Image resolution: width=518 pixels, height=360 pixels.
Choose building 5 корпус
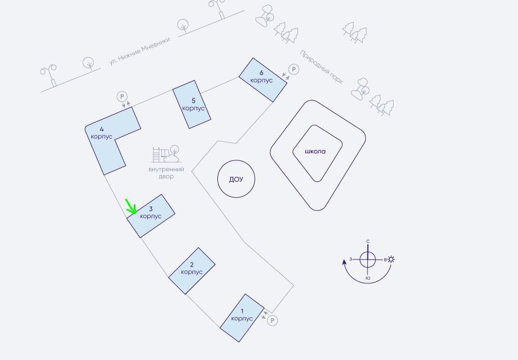(x=192, y=105)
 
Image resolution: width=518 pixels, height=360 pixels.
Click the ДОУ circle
(x=236, y=179)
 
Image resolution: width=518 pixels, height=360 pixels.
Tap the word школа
(x=315, y=152)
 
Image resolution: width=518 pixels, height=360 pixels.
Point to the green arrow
(x=131, y=207)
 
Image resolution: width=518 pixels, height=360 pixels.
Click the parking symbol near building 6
(x=294, y=69)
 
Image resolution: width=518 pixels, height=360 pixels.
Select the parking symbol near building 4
(x=122, y=97)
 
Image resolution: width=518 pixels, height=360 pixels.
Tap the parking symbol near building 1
(x=272, y=320)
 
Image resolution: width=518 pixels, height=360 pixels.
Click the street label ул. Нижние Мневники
(x=140, y=51)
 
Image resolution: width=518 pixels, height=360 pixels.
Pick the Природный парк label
(x=321, y=67)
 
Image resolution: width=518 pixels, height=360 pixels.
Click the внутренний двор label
(x=166, y=173)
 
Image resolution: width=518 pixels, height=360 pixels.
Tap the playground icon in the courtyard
(x=166, y=154)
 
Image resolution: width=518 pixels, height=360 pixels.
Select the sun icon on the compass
(x=391, y=259)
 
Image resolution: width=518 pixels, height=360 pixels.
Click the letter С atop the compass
(x=368, y=241)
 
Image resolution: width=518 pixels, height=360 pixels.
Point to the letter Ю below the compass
(x=368, y=278)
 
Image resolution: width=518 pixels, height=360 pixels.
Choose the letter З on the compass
(x=351, y=259)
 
